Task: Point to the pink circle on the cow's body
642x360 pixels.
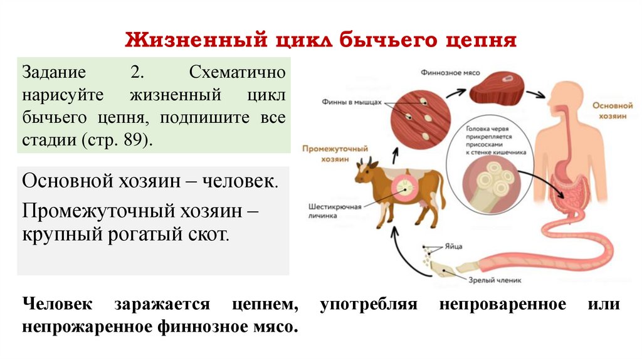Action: click(404, 186)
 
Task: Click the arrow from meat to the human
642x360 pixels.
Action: click(534, 95)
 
